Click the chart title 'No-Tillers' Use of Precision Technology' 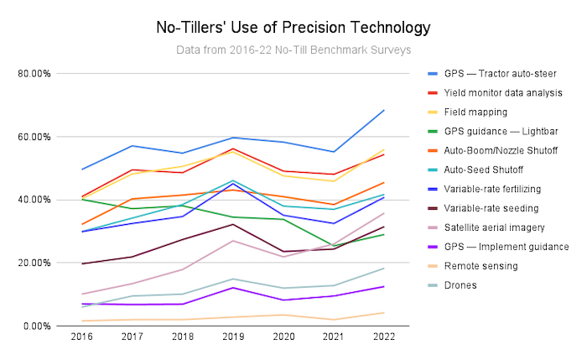coord(293,27)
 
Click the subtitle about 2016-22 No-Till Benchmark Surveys coord(293,50)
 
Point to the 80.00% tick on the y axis coord(34,74)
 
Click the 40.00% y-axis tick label coord(34,200)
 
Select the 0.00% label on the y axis coord(37,326)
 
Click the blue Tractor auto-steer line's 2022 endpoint coord(384,110)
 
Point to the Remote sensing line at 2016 coord(82,321)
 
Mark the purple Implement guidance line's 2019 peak coord(233,288)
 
